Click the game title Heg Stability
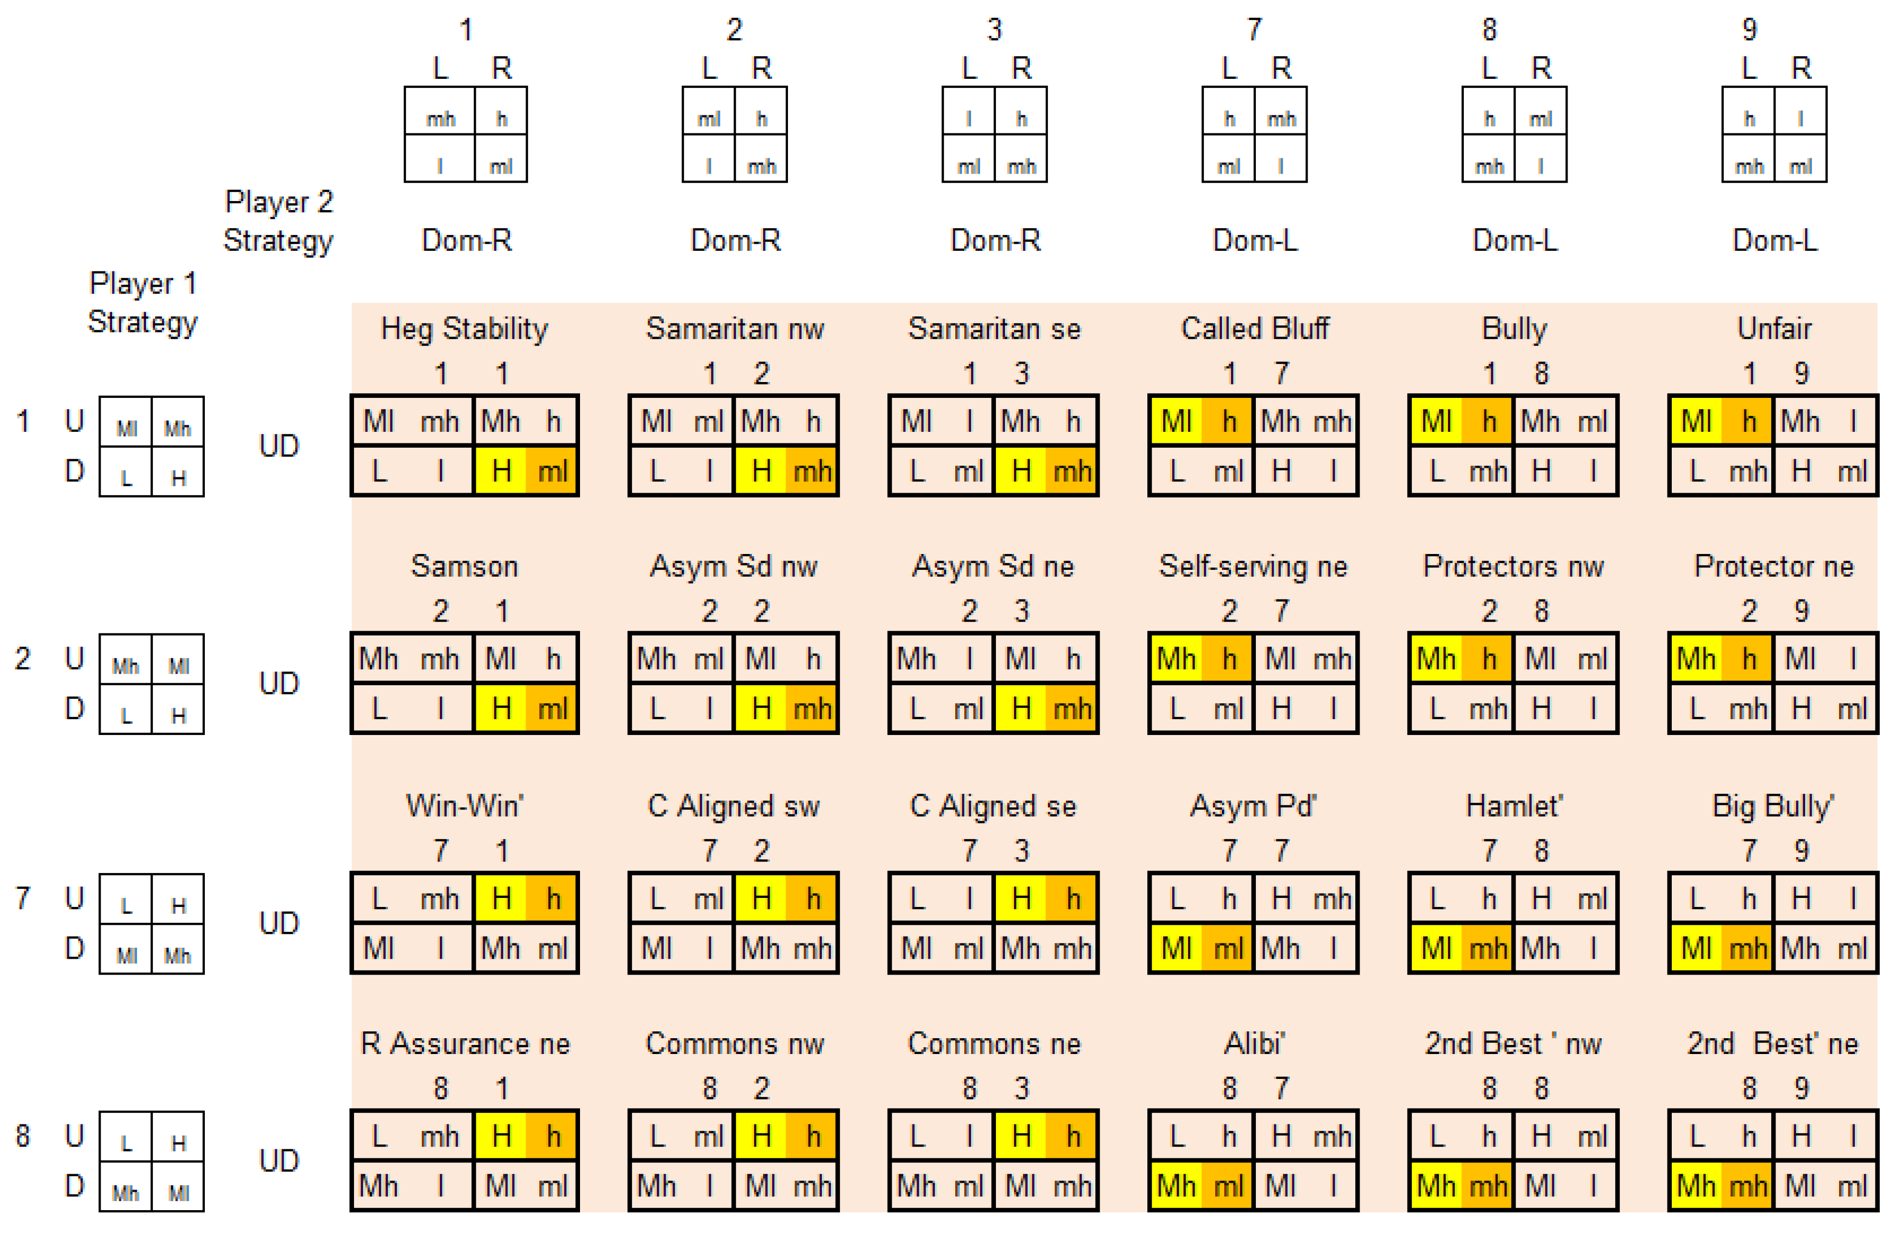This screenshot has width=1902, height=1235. [464, 328]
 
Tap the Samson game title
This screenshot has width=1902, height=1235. [464, 566]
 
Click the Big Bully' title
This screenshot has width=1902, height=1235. [1773, 805]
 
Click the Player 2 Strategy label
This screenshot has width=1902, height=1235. [278, 221]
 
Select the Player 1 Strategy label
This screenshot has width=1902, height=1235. [142, 303]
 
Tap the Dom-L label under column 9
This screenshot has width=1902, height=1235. [1774, 240]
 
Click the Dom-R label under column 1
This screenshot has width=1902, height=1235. [467, 240]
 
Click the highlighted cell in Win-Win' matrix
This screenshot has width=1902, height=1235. [526, 898]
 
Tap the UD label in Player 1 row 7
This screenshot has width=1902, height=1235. [279, 923]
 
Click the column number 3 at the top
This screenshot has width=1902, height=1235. [994, 30]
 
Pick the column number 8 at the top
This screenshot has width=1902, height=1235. [1489, 30]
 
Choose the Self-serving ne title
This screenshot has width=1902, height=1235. [1253, 566]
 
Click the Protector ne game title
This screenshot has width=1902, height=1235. [1773, 566]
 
